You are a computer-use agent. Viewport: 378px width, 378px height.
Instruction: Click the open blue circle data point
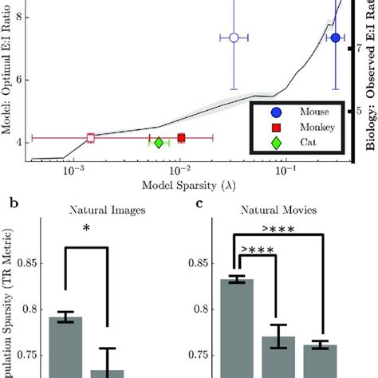coord(234,37)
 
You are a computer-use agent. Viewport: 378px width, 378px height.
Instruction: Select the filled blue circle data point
coord(336,37)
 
